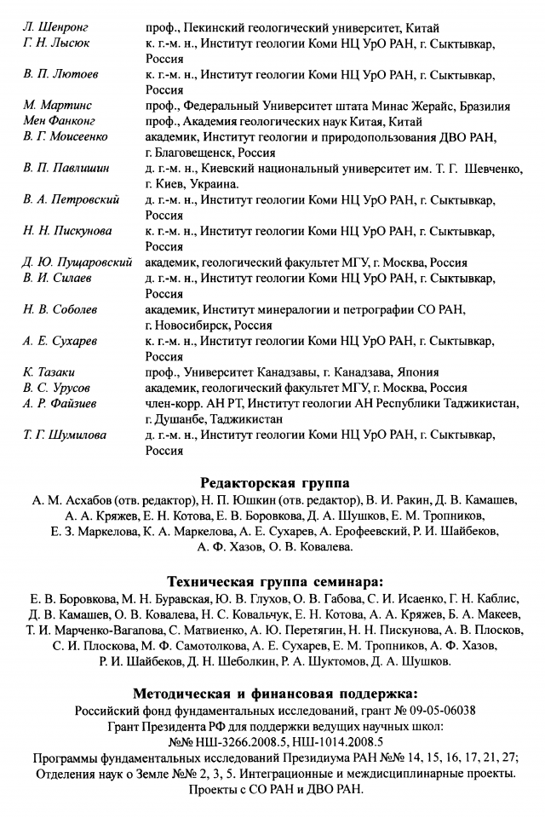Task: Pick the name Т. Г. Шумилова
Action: (65, 435)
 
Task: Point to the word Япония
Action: (417, 372)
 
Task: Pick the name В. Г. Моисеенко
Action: (66, 136)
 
